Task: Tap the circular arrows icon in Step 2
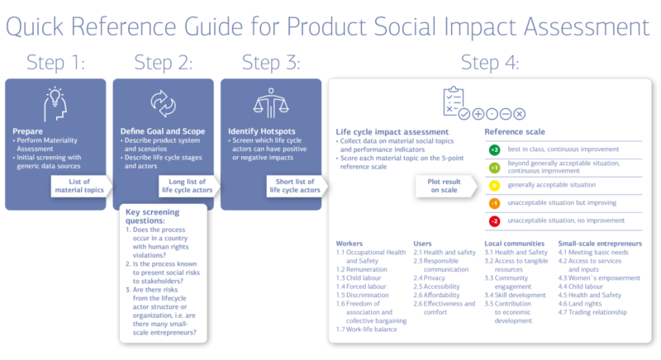tap(163, 103)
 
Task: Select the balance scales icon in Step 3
tap(270, 103)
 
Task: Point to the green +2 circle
tap(494, 150)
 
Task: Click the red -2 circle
tap(494, 221)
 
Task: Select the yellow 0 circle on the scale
tap(494, 186)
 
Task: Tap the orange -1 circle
tap(494, 204)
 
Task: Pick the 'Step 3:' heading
tap(270, 62)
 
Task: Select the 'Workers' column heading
tap(350, 244)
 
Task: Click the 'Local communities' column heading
tap(515, 244)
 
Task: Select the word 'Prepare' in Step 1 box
tap(28, 130)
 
